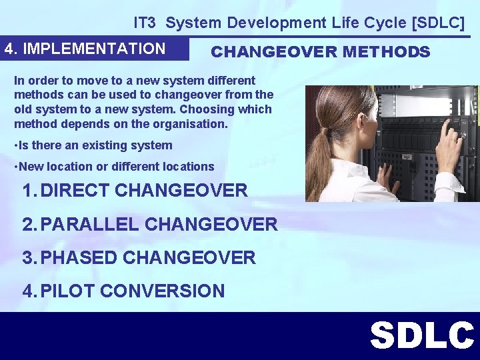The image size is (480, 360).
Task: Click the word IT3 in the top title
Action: pyautogui.click(x=144, y=23)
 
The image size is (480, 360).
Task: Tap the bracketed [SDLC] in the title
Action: pyautogui.click(x=439, y=23)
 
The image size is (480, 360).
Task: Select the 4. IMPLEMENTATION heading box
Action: pyautogui.click(x=85, y=49)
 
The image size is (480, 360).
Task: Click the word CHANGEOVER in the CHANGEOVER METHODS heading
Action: pyautogui.click(x=274, y=52)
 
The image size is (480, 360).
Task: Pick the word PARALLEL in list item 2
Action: pyautogui.click(x=90, y=224)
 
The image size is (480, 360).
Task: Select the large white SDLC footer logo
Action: pyautogui.click(x=421, y=335)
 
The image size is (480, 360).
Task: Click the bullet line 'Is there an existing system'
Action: pyautogui.click(x=93, y=145)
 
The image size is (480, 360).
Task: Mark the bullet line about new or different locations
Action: pyautogui.click(x=115, y=167)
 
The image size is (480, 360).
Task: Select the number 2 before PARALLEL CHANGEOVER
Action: pyautogui.click(x=27, y=224)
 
